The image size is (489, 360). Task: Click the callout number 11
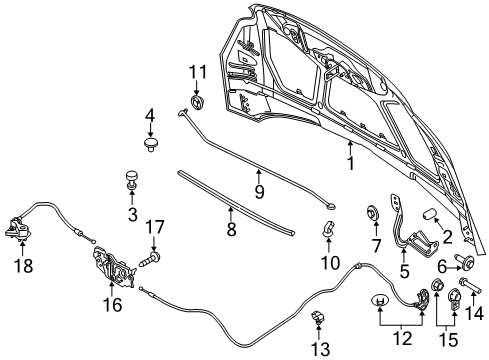click(198, 72)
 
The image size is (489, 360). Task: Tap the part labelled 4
click(151, 144)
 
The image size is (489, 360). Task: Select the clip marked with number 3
click(132, 180)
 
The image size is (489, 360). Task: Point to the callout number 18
click(23, 266)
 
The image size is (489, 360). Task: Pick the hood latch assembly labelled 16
click(113, 267)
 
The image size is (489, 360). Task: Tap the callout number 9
click(259, 191)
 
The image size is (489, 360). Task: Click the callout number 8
click(231, 229)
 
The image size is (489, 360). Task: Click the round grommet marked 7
click(372, 213)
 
